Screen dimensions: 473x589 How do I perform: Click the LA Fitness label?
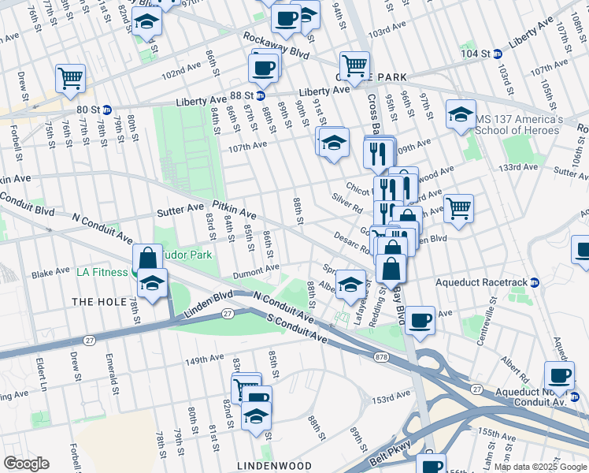point(102,273)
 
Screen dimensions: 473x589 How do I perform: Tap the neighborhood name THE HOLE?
point(94,302)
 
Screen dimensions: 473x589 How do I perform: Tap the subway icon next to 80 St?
point(106,109)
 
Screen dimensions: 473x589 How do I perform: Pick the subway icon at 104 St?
point(497,54)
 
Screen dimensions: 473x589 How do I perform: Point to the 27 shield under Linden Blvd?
point(228,313)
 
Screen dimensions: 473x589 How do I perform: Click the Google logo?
point(26,464)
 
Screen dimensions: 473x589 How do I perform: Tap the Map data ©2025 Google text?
point(540,467)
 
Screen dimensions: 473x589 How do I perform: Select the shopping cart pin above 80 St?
point(70,78)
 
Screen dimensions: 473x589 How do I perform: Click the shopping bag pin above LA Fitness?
point(147,257)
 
